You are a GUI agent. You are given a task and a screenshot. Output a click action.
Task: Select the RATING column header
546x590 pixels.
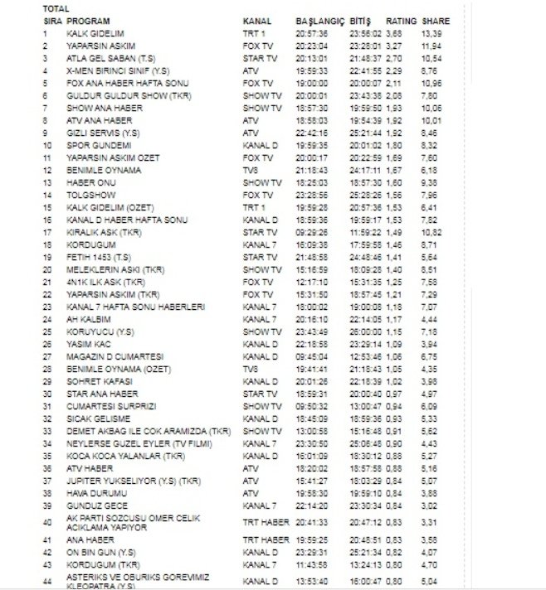[x=401, y=19]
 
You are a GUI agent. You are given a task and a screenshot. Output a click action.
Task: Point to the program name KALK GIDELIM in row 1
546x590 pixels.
[x=90, y=33]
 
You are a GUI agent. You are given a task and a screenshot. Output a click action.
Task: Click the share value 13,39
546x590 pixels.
[x=431, y=33]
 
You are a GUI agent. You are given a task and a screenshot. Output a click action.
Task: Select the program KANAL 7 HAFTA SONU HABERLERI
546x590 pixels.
[x=124, y=307]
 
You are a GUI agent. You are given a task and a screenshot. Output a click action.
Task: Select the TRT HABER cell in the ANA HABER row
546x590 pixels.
[x=261, y=539]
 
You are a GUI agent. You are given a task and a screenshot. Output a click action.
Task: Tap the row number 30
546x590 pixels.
[x=46, y=394]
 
